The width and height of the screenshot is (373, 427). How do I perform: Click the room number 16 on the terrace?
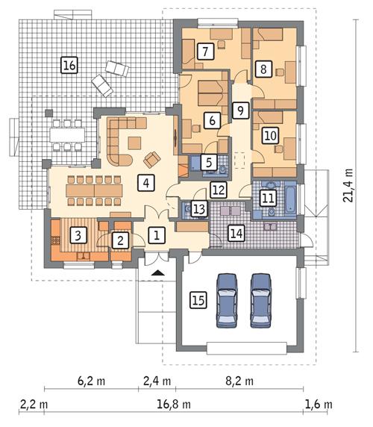(x=69, y=66)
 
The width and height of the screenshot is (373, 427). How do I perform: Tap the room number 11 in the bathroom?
(x=267, y=198)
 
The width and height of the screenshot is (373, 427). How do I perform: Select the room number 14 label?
(x=236, y=233)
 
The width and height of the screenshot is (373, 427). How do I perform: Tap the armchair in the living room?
(x=151, y=158)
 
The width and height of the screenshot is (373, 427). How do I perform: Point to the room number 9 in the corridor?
(x=238, y=110)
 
